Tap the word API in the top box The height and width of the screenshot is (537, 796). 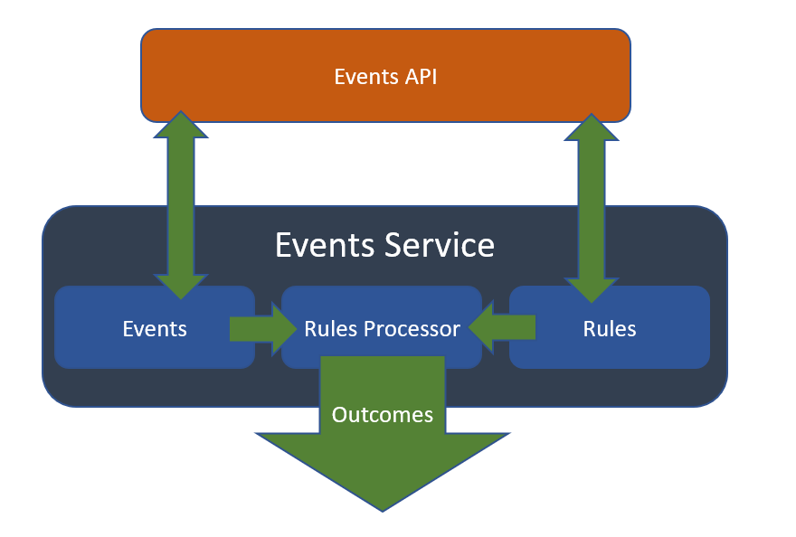(x=421, y=77)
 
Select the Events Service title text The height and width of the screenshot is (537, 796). (x=384, y=246)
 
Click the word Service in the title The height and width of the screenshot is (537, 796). (x=440, y=246)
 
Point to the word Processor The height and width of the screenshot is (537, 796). (x=412, y=329)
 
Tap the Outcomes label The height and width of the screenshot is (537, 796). (x=382, y=415)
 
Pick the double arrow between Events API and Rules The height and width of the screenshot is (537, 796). (x=592, y=208)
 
